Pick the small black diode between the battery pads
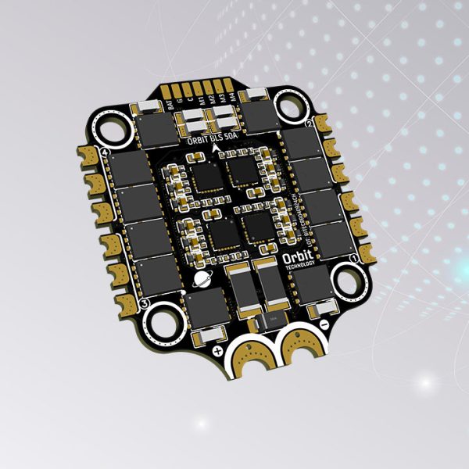(274, 321)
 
